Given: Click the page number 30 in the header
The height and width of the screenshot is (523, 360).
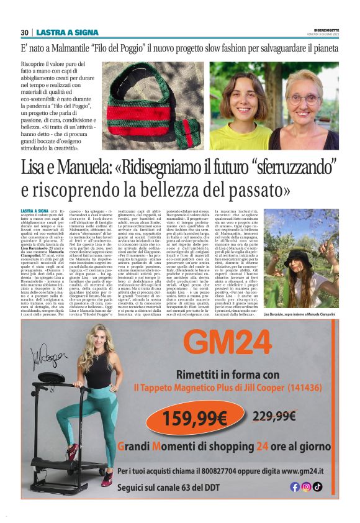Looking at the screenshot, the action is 24,32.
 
